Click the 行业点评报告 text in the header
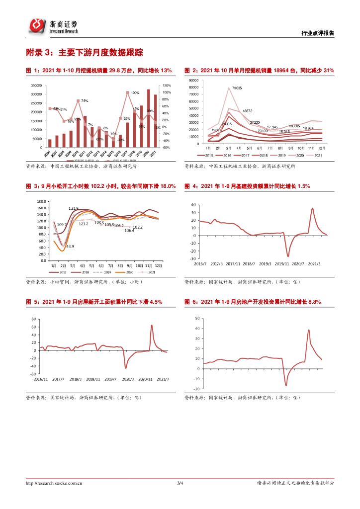pos(318,33)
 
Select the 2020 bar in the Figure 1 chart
pos(148,118)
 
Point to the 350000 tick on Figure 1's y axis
pos(35,85)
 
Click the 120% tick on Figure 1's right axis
pos(167,85)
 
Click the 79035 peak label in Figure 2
pos(237,88)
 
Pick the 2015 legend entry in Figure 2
pos(206,155)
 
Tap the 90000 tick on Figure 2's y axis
pos(193,80)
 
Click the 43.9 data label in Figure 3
pos(70,246)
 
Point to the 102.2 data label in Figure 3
pos(138,227)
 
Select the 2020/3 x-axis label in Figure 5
pos(128,379)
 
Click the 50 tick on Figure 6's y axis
pos(197,318)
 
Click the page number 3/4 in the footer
pos(180,483)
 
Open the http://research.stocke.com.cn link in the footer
pos(54,483)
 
